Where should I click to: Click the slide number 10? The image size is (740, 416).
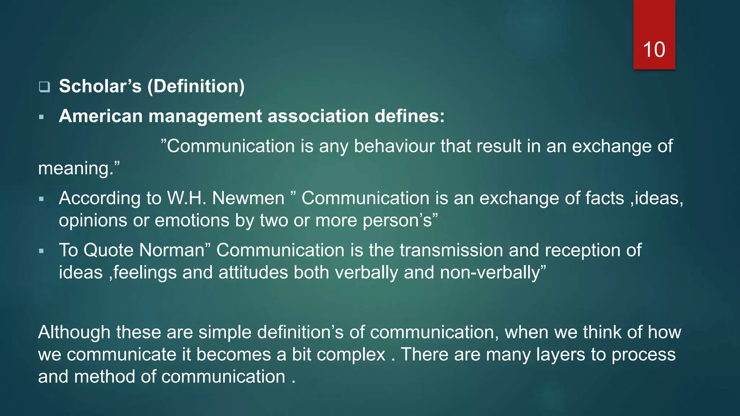[x=654, y=49]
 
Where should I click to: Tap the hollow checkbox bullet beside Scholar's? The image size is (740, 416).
[x=44, y=87]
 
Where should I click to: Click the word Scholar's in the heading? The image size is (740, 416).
[x=100, y=86]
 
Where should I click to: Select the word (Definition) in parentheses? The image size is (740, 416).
[x=196, y=86]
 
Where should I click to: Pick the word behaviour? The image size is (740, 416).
[x=394, y=146]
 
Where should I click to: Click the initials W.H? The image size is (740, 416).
[x=186, y=198]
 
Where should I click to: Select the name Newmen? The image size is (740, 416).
[x=248, y=198]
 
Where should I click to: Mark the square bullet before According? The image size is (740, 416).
[x=41, y=199]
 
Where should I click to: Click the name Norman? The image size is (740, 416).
[x=172, y=250]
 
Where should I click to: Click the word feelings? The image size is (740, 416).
[x=145, y=273]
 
